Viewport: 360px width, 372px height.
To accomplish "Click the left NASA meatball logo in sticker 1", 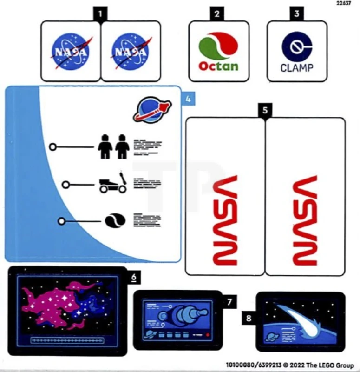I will coord(71,51).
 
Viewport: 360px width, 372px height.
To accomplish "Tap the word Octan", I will coord(218,66).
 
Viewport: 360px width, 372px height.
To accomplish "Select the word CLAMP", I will coord(297,68).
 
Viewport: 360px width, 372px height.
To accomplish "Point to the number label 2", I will coord(216,13).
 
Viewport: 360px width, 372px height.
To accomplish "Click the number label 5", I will coord(265,110).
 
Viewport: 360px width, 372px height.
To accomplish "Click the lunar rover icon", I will coord(112,183).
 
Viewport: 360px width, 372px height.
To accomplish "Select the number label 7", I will coord(229,301).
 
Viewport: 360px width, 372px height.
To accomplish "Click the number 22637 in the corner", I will coord(344,3).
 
